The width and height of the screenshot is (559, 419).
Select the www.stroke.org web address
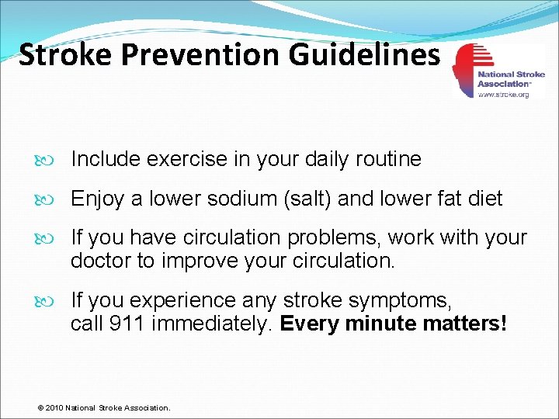(503, 94)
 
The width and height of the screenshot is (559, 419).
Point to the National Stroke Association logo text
(511, 78)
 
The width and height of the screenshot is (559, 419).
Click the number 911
(126, 324)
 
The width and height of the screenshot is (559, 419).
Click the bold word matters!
(464, 324)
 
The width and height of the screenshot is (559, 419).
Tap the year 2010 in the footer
(55, 407)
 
